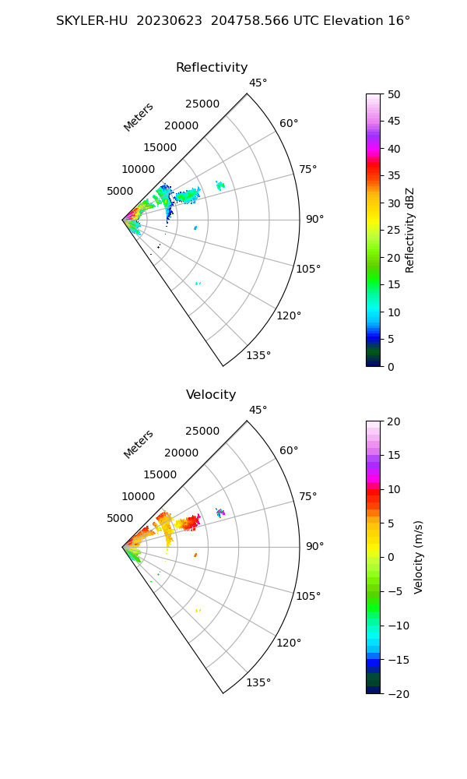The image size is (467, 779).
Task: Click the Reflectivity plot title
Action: pyautogui.click(x=212, y=68)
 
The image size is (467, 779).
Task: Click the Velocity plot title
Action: pyautogui.click(x=211, y=395)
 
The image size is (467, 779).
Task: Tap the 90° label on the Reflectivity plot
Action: pyautogui.click(x=314, y=220)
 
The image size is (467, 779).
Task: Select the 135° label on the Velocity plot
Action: pyautogui.click(x=258, y=683)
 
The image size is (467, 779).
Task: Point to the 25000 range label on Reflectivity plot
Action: pyautogui.click(x=202, y=104)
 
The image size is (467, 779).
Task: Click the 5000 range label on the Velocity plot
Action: pyautogui.click(x=120, y=518)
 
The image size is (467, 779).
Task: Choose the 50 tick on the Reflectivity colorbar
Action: pyautogui.click(x=395, y=94)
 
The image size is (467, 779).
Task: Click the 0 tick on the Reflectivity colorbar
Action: pyautogui.click(x=392, y=366)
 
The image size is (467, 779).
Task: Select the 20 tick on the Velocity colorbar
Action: pyautogui.click(x=395, y=421)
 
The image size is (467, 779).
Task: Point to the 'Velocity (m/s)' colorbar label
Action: pyautogui.click(x=419, y=557)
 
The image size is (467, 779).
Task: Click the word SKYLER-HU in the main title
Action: pyautogui.click(x=92, y=21)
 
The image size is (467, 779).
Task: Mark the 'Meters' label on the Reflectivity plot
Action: pyautogui.click(x=139, y=117)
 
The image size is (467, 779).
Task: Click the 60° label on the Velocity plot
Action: pyautogui.click(x=289, y=451)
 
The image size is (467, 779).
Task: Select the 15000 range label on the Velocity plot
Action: pyautogui.click(x=160, y=474)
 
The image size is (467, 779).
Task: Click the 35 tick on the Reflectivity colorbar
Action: pyautogui.click(x=395, y=176)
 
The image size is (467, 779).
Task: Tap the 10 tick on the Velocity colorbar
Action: pyautogui.click(x=395, y=489)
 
